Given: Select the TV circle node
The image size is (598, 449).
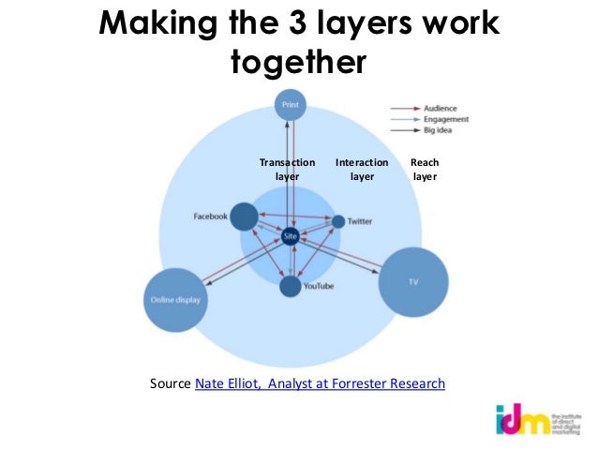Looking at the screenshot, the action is (412, 280).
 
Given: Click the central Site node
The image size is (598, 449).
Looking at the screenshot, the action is (291, 238).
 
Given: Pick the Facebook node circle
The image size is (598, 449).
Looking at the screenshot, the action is (244, 217).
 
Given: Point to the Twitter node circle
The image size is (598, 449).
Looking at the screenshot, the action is (338, 221).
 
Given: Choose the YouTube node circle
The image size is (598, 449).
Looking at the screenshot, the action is (291, 286).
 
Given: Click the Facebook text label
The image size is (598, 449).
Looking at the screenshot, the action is (211, 217).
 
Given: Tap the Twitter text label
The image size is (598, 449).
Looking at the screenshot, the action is (361, 221).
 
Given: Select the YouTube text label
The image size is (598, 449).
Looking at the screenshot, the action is (319, 286).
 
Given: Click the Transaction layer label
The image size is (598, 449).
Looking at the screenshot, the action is (287, 169).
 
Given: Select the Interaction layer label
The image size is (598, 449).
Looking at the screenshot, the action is (362, 169).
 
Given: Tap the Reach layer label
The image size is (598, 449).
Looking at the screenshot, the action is (425, 169).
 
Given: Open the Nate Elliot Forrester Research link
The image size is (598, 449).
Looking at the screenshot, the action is (320, 383).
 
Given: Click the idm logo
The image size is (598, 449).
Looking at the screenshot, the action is (534, 419).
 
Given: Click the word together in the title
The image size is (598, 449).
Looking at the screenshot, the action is (294, 63).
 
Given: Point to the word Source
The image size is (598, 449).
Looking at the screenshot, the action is (170, 383).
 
